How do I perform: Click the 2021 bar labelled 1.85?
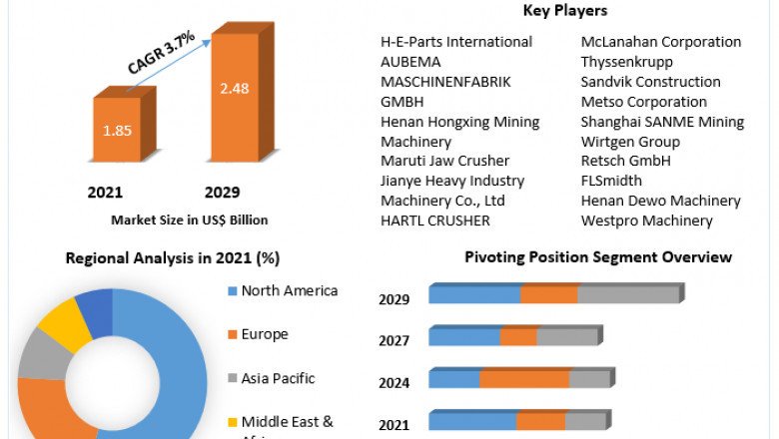point(117,131)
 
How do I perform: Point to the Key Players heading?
point(565,11)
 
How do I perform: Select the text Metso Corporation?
point(643,102)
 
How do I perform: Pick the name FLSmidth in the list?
point(611,181)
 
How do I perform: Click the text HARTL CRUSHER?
point(434,220)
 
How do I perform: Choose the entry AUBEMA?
point(409,62)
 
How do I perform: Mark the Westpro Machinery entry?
point(646,220)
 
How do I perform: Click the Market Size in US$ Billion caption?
point(190,219)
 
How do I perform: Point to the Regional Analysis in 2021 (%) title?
point(172,257)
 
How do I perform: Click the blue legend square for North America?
point(232,291)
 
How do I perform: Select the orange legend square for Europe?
point(232,335)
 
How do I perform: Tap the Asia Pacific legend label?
point(278,378)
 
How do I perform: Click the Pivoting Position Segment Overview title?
point(597,256)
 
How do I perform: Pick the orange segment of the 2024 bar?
point(523,379)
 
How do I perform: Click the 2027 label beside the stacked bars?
point(393,341)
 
